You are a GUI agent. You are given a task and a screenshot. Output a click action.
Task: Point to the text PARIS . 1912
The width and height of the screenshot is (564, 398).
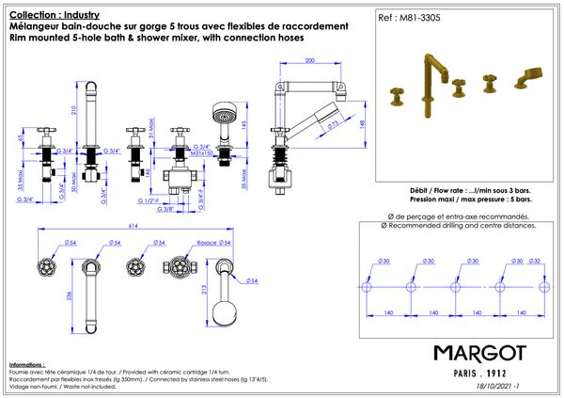(x=479, y=372)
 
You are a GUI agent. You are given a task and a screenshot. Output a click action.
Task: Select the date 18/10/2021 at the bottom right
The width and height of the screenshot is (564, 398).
(x=497, y=386)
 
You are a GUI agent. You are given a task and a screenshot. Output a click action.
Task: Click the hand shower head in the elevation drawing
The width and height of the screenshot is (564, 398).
(x=222, y=118)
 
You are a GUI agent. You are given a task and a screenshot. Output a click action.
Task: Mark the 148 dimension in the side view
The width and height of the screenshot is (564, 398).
(x=363, y=121)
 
